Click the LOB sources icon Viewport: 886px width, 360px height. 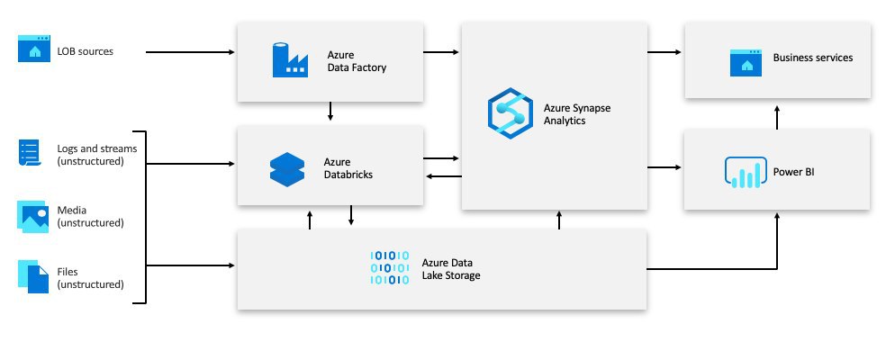(34, 50)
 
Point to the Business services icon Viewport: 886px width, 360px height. (746, 61)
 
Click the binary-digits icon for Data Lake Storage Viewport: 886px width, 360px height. (390, 268)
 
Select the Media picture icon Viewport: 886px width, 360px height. (33, 216)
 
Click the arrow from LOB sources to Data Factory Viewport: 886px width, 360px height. (190, 52)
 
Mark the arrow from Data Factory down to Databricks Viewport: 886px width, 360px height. (330, 112)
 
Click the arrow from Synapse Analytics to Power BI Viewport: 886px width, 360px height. (665, 167)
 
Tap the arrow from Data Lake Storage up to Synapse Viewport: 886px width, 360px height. (559, 220)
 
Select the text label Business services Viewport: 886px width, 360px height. (812, 58)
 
